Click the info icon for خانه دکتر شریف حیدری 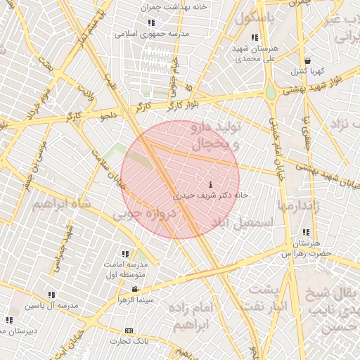click(x=212, y=184)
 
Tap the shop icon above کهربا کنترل click(x=307, y=60)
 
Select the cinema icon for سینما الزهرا click(x=134, y=289)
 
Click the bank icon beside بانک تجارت click(x=129, y=330)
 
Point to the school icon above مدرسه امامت click(x=125, y=254)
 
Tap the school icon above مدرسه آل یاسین click(x=51, y=296)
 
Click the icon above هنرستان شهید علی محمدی click(x=254, y=37)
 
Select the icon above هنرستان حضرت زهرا click(x=305, y=232)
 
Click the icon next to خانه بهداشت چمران click(x=151, y=22)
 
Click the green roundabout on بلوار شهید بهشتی click(x=271, y=92)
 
